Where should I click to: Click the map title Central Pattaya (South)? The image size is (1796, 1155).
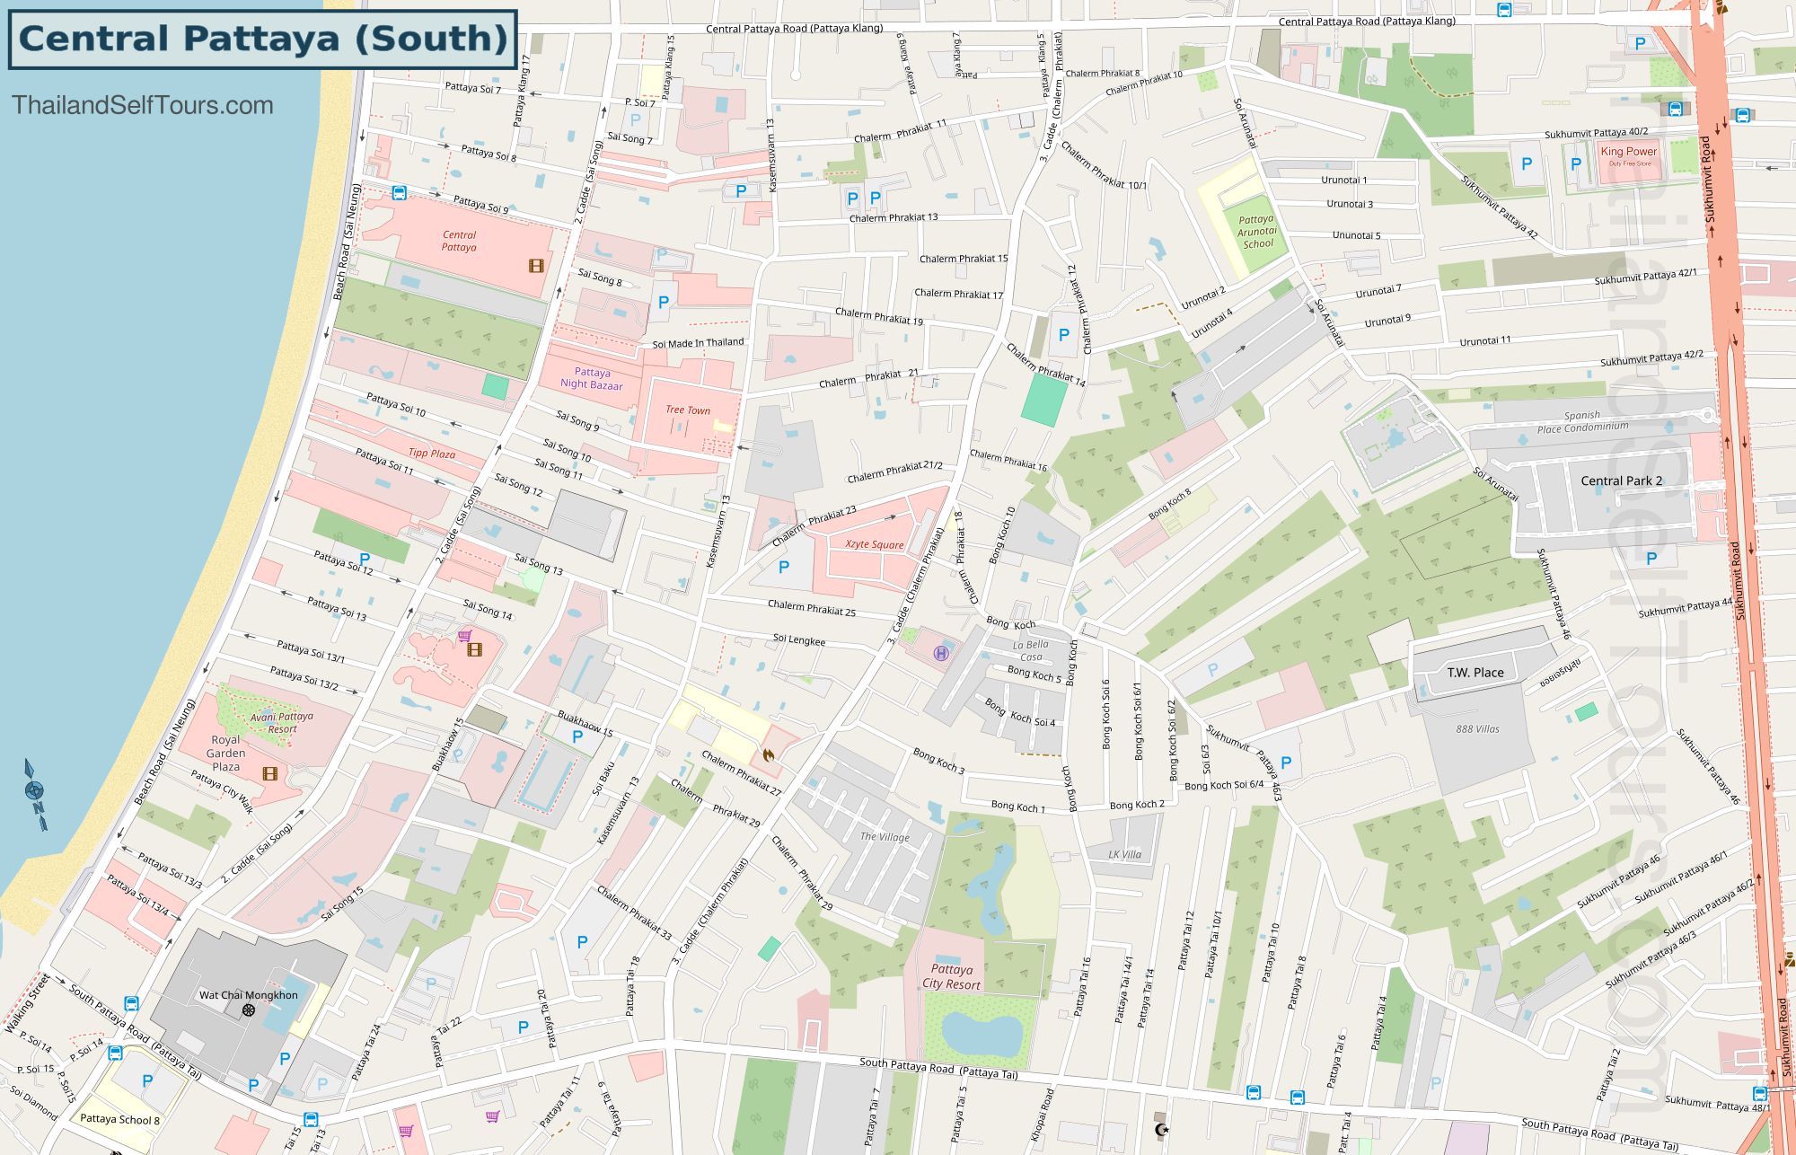coord(262,40)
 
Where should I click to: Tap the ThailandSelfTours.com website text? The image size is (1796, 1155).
coord(143,105)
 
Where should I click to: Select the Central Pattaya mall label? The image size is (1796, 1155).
coord(459,242)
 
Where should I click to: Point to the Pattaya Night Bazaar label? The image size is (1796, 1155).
coord(592,378)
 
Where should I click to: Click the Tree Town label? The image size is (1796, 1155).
coord(688,410)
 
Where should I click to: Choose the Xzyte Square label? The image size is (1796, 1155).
coord(874,544)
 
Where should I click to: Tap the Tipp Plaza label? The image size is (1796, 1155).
coord(432,454)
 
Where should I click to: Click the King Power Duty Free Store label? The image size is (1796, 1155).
coord(1629,154)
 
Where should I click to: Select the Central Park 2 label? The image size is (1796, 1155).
coord(1621,481)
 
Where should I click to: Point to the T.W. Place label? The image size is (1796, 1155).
coord(1475,673)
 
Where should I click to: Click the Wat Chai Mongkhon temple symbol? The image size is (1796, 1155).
coord(249,1010)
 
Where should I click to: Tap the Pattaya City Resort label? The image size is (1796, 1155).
coord(952,977)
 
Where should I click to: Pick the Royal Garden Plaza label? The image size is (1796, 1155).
coord(225,754)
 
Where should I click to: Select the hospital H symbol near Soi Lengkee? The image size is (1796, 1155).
coord(941,654)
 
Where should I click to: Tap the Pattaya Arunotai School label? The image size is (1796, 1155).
coord(1256,232)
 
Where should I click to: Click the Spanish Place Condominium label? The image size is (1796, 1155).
coord(1582,422)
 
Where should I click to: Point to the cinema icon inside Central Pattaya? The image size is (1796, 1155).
coord(536,266)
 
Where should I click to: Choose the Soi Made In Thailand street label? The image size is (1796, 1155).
coord(698,343)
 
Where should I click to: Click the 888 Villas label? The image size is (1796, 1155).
coord(1477,729)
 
